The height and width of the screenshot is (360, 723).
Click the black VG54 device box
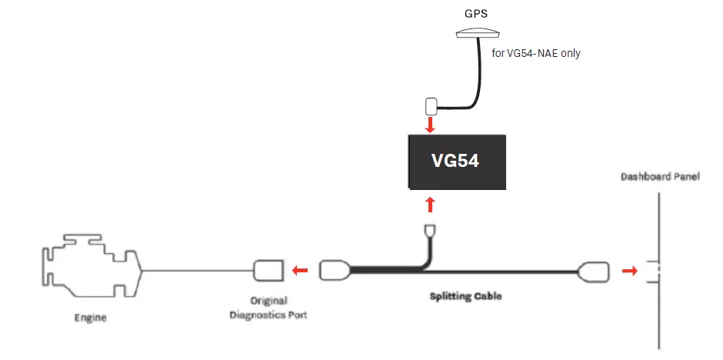click(x=457, y=162)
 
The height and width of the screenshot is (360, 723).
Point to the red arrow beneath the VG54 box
click(x=431, y=204)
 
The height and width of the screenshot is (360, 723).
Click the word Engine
click(x=90, y=317)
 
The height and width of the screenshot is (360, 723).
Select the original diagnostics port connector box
click(x=268, y=271)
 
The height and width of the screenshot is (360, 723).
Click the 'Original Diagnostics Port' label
click(x=268, y=308)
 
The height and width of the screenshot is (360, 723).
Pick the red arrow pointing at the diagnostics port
click(x=301, y=271)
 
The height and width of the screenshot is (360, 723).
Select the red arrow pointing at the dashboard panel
click(x=629, y=272)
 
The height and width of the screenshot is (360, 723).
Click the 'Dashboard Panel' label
click(x=660, y=178)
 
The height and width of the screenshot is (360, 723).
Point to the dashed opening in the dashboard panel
click(x=655, y=271)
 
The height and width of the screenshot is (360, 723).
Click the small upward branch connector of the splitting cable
click(x=431, y=230)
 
